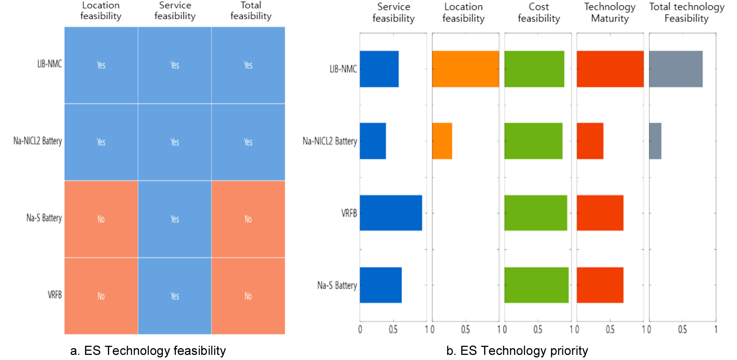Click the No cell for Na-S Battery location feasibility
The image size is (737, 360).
pos(101,219)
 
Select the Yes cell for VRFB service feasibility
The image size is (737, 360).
pos(175,296)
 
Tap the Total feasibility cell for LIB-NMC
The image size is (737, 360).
pos(248,65)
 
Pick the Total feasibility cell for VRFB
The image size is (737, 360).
pos(248,296)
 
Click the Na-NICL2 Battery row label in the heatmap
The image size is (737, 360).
pos(37,141)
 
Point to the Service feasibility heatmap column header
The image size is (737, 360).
pos(175,11)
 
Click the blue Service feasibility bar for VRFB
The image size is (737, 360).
pos(391,213)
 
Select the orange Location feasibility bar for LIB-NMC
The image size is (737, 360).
pos(465,69)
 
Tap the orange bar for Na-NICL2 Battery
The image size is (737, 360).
pos(442,141)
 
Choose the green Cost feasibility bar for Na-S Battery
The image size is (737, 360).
pos(536,285)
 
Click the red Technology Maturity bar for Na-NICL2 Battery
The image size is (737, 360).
pos(590,141)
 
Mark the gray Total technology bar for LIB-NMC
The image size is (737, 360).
pos(676,69)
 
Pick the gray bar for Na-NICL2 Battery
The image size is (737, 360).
pos(655,141)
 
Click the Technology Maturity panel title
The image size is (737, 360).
pos(610,12)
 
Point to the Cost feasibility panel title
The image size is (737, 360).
pos(539,12)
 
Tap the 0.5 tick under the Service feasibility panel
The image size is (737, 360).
pos(393,330)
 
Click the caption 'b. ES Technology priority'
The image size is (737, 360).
pos(517,351)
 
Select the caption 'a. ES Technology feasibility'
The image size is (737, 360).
pos(148,351)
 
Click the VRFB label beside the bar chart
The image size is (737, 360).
pos(349,213)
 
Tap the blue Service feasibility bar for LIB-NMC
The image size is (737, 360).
pos(379,69)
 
